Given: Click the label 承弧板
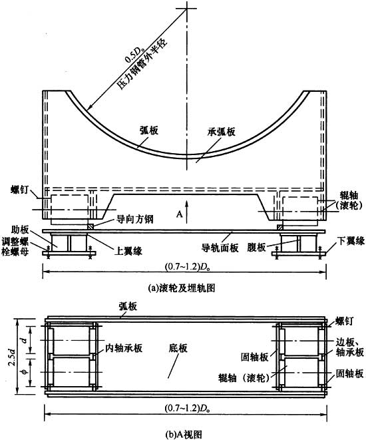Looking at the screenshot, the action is pos(222,132).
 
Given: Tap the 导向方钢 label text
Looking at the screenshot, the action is pos(135,219).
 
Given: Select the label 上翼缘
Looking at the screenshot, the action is pos(128,250).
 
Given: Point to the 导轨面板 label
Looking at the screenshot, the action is pos(220,248).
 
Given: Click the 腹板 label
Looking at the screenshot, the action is pos(256,248).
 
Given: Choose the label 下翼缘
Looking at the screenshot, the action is pos(351,241).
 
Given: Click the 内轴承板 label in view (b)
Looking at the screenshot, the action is pos(124,348).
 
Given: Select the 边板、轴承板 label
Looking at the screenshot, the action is pos(350,347).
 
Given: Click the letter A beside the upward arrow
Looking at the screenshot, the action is pos(180,214).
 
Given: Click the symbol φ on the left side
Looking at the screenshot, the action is pos(25,371).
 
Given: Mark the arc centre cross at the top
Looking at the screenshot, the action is pos(186,9).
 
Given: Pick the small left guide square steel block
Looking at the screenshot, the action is pos(90,226).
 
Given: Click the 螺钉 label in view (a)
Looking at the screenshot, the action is pos(20,190).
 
